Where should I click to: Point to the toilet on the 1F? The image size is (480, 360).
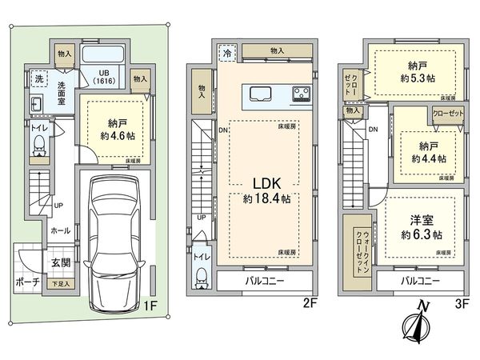click(x=38, y=144)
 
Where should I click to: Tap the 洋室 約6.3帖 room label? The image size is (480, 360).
click(x=421, y=229)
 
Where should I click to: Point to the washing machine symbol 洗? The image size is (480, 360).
click(x=38, y=79)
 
